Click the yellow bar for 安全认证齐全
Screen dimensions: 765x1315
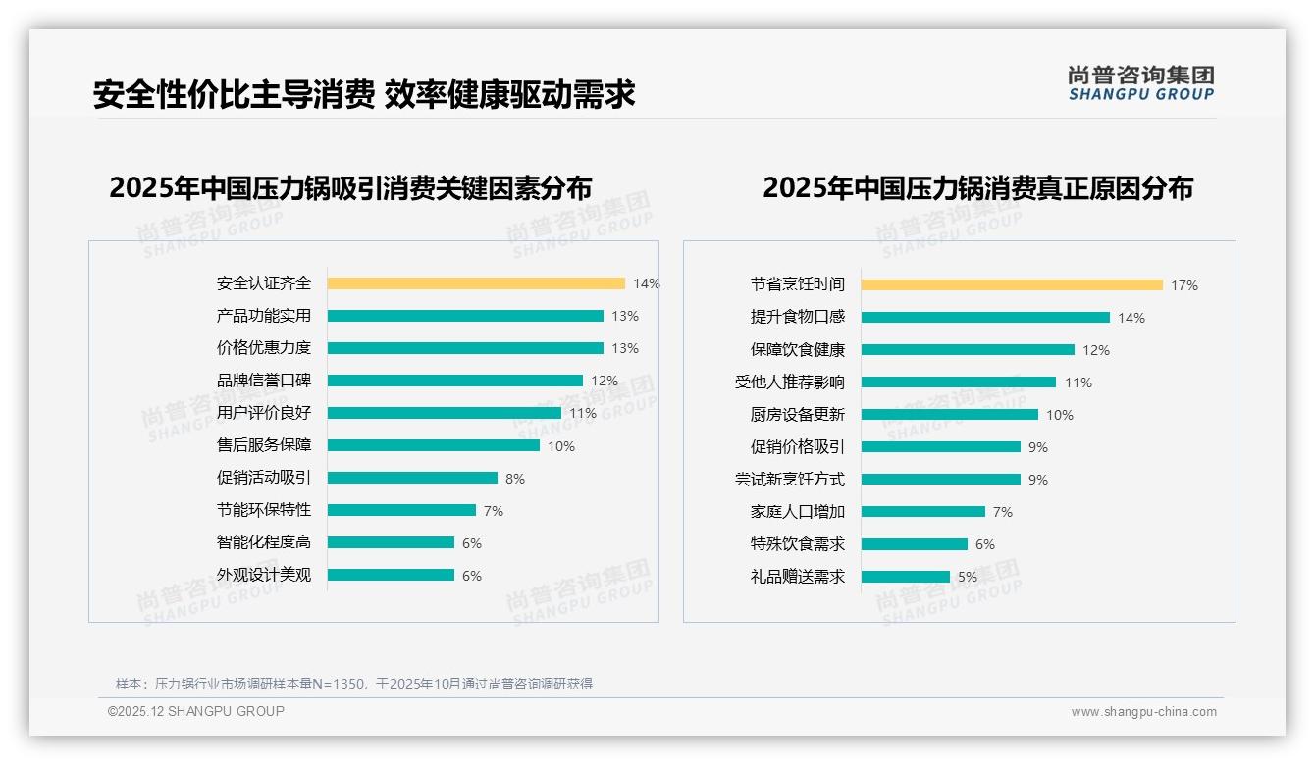pyautogui.click(x=476, y=283)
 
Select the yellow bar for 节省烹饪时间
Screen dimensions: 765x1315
pyautogui.click(x=1012, y=284)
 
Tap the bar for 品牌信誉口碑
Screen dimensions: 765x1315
pyautogui.click(x=455, y=381)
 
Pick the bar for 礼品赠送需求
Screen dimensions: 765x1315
pyautogui.click(x=906, y=577)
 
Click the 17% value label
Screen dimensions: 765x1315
pyautogui.click(x=1183, y=285)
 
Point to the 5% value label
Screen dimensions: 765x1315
pyautogui.click(x=968, y=577)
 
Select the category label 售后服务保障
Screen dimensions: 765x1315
pyautogui.click(x=263, y=445)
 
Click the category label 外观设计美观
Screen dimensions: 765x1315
pyautogui.click(x=263, y=575)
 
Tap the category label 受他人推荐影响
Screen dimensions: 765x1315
pyautogui.click(x=789, y=382)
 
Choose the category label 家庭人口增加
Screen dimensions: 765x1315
pyautogui.click(x=797, y=512)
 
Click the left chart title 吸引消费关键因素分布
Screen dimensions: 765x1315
pyautogui.click(x=350, y=187)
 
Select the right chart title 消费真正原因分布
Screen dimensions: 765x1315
pyautogui.click(x=977, y=187)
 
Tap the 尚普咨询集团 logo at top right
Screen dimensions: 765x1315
pyautogui.click(x=1140, y=82)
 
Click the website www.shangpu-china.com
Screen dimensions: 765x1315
pyautogui.click(x=1143, y=712)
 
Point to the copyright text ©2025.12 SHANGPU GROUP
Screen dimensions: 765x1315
pyautogui.click(x=196, y=711)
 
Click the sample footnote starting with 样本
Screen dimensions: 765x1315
pyautogui.click(x=353, y=684)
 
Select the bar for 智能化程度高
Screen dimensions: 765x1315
pyautogui.click(x=391, y=542)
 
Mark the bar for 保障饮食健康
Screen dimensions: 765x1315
pyautogui.click(x=968, y=349)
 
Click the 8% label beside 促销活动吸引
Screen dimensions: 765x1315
pyautogui.click(x=515, y=479)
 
